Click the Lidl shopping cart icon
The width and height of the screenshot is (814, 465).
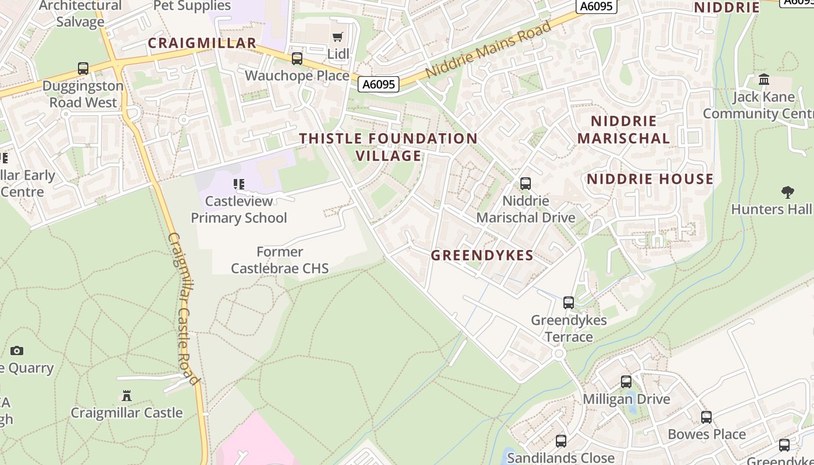coord(337,37)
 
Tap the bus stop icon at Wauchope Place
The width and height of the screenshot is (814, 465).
coord(297,59)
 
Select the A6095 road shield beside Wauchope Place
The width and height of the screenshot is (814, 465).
coord(379,84)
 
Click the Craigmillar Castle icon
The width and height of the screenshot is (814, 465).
coord(126,396)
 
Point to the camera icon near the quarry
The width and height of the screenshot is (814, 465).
coord(17,350)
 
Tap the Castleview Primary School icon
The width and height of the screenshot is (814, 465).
coord(238,184)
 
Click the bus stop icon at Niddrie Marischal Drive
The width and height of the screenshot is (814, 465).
coord(526,184)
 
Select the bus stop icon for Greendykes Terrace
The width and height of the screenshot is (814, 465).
coord(569,303)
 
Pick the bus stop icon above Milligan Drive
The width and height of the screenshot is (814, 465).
coord(626,382)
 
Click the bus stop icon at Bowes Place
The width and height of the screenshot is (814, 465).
coord(706,417)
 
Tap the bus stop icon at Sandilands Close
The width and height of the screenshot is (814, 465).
coord(561,441)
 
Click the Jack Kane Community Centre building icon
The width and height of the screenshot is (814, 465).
coord(764,79)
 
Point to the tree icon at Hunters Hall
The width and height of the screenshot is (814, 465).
coord(788,192)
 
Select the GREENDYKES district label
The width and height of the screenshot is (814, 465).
coord(482,255)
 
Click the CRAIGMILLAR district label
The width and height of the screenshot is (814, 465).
coord(202,43)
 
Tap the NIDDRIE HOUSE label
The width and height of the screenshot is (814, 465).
coord(649,179)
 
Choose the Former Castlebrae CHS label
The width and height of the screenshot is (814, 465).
coord(280,260)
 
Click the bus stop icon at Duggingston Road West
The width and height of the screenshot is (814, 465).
coord(83,69)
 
